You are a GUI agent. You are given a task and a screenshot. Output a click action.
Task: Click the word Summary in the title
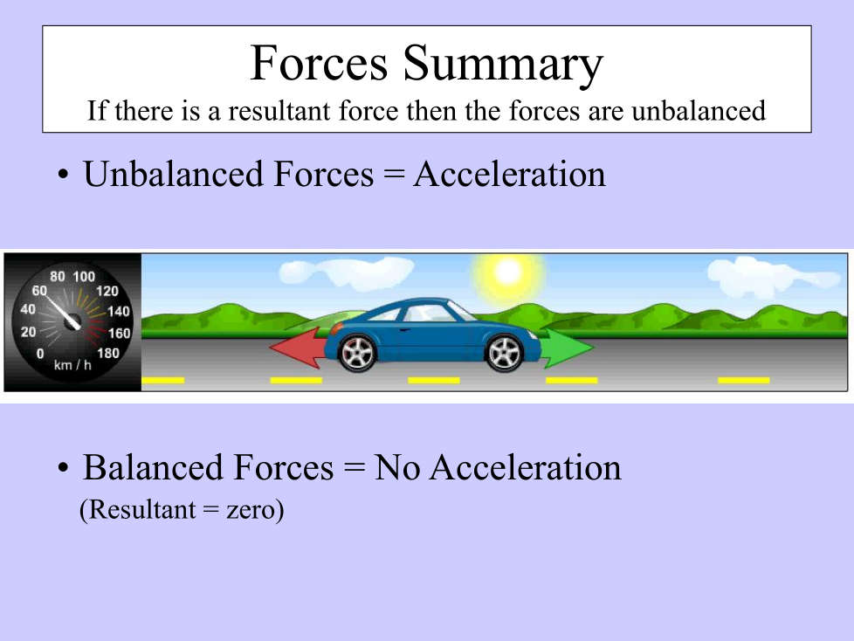tap(503, 65)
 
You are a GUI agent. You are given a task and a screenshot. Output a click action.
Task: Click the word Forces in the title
tap(320, 63)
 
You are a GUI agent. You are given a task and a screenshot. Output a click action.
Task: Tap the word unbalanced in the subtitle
tap(699, 111)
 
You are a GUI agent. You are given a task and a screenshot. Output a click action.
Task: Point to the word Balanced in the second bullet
tap(154, 467)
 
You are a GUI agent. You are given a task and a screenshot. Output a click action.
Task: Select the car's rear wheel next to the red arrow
tap(357, 354)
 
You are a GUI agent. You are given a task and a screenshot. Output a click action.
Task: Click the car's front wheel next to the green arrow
tap(504, 354)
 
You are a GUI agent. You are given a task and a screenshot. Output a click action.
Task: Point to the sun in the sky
tap(507, 272)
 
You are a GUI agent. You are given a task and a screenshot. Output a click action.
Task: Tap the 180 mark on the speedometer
tap(107, 354)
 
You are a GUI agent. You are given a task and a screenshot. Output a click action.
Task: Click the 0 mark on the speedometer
tap(40, 354)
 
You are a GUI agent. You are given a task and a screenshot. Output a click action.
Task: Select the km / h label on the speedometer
tap(72, 365)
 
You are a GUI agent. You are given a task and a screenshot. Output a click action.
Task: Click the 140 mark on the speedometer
tap(119, 312)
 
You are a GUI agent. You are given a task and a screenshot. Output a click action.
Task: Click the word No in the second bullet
tap(397, 467)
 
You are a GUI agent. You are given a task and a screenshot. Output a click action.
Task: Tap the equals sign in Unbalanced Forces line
tap(394, 175)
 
